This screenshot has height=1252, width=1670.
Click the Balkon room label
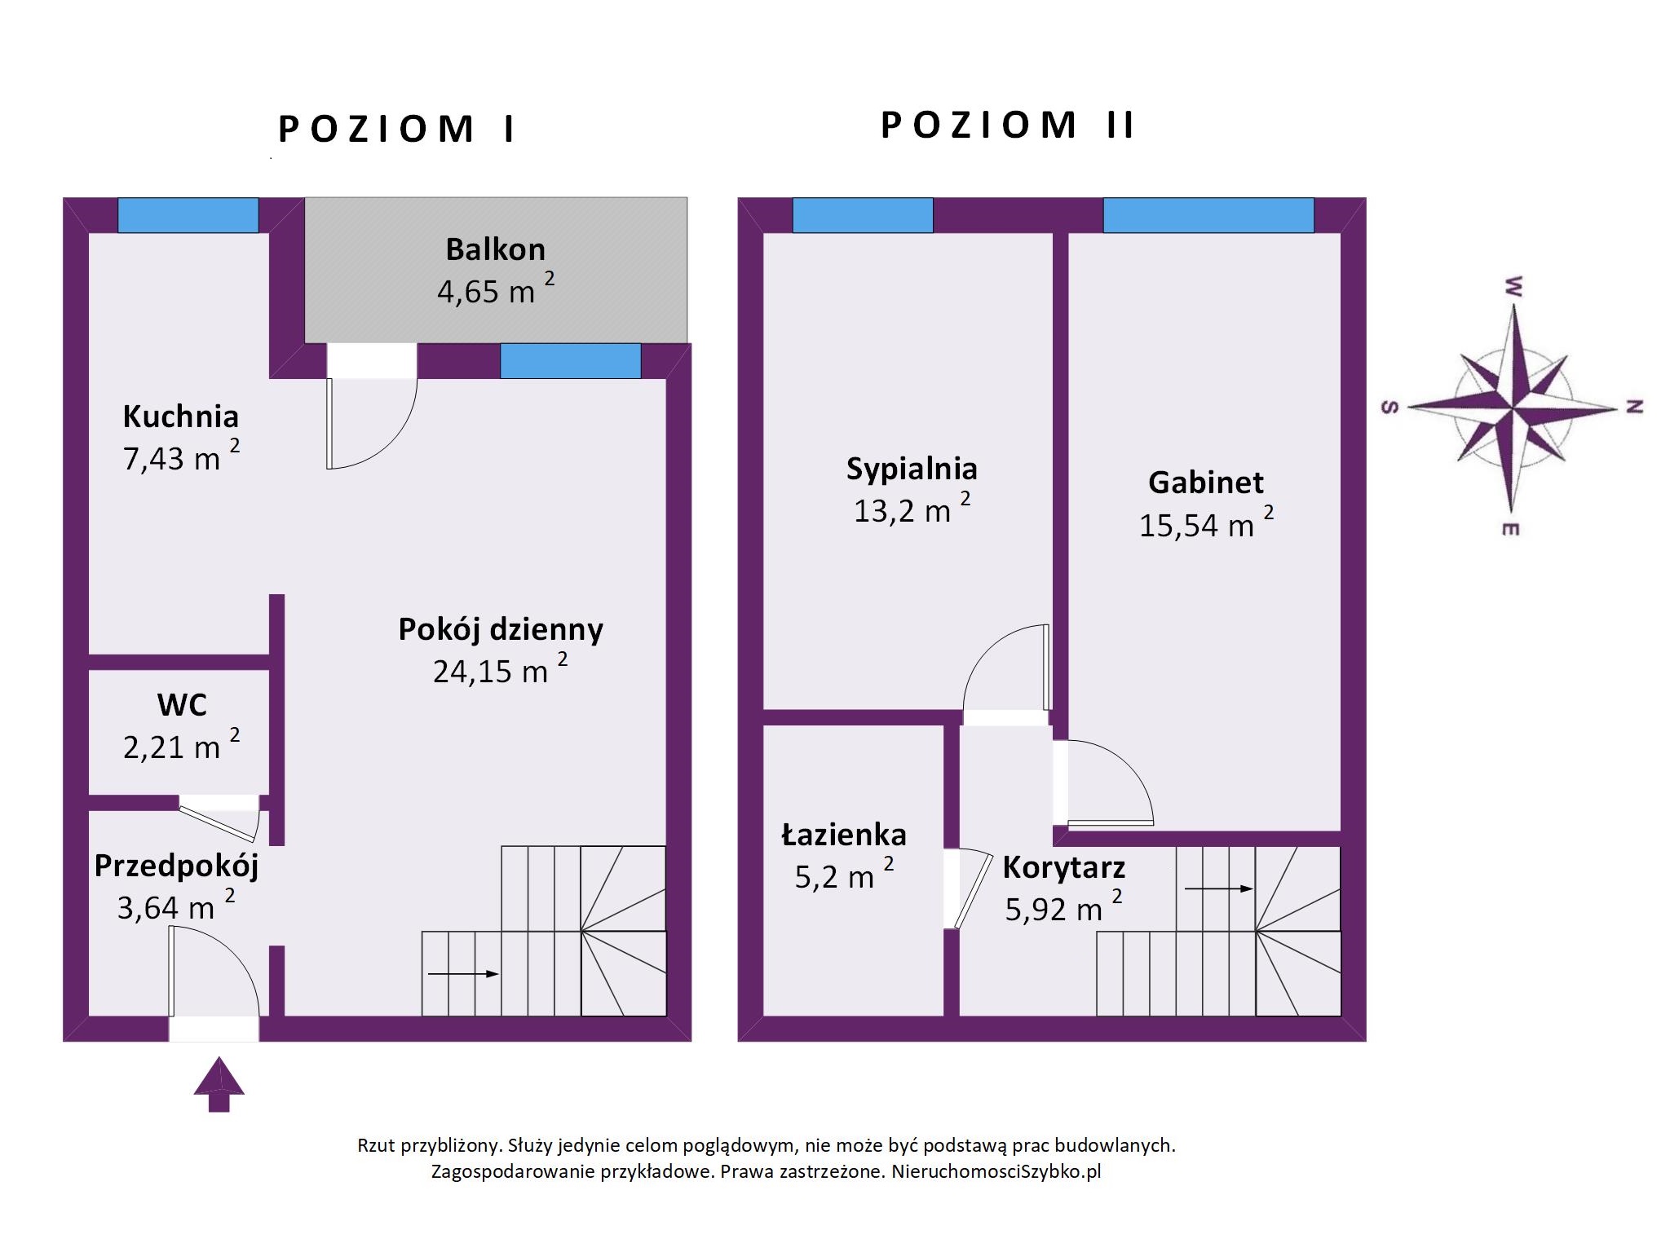(x=495, y=249)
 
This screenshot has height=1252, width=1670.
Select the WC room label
(x=182, y=704)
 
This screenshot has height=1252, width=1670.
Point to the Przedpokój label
(x=176, y=866)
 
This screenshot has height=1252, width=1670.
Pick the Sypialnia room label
(x=912, y=469)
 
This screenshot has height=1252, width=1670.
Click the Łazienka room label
(x=844, y=835)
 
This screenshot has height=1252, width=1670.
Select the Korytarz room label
(x=1064, y=868)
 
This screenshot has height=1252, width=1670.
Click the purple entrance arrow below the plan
(x=219, y=1084)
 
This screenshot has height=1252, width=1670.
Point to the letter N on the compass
(x=1634, y=407)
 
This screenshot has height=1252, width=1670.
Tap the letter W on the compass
(x=1513, y=286)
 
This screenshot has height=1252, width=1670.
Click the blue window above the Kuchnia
(x=188, y=215)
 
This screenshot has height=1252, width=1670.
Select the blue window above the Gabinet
(x=1208, y=215)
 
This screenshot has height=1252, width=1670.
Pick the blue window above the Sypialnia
(x=863, y=215)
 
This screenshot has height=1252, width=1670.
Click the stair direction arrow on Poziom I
(x=463, y=973)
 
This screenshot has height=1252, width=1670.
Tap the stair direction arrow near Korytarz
(x=1218, y=888)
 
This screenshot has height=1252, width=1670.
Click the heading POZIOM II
(x=1008, y=126)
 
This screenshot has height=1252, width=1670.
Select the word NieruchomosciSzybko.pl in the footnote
(x=996, y=1172)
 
